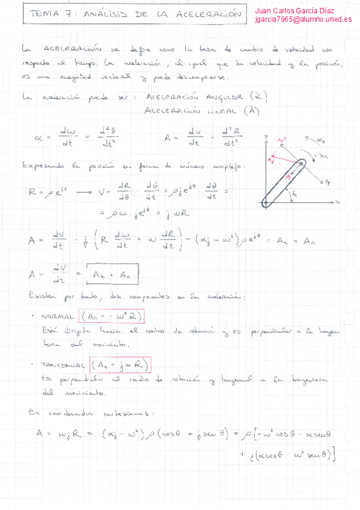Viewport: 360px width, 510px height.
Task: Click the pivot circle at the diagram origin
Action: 265,203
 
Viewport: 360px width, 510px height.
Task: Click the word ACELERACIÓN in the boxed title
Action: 207,14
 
